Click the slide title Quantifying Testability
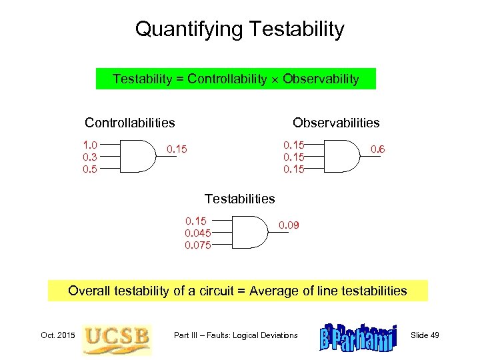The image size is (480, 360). coord(239,29)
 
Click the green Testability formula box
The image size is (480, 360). coord(236,79)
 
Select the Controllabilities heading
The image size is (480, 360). coord(130,123)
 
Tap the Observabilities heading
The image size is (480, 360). coord(336,123)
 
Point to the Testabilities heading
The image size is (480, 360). coord(239,199)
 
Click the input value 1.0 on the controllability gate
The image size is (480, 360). coord(90,144)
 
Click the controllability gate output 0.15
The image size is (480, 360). coord(177,149)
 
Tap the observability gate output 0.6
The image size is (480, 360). coord(377,150)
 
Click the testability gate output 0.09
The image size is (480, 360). coord(289,225)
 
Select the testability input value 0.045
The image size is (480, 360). coord(198,233)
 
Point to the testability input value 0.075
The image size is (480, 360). coord(198,245)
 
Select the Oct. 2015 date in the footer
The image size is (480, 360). coord(54,335)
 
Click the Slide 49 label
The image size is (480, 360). coord(425,335)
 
